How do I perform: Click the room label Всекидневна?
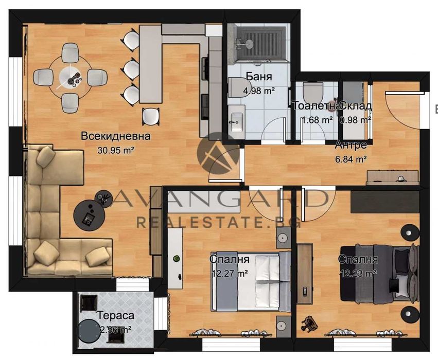tap(116, 136)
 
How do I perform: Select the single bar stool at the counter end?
tap(150, 116)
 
